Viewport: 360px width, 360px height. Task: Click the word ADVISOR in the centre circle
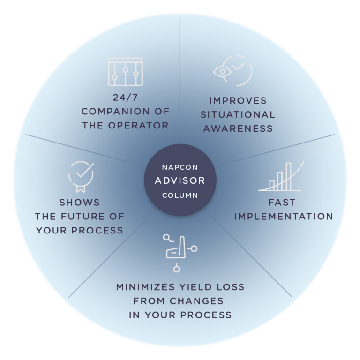click(180, 180)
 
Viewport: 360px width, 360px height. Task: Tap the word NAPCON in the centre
click(180, 166)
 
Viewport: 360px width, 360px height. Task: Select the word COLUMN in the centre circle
click(180, 195)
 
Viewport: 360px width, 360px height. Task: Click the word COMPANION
click(110, 112)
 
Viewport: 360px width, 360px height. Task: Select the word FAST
click(282, 203)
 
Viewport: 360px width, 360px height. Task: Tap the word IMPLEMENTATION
click(283, 217)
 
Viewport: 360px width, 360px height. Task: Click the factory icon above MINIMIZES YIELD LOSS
click(180, 251)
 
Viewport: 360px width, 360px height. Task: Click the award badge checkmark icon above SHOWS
click(81, 175)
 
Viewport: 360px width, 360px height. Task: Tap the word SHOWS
click(80, 202)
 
